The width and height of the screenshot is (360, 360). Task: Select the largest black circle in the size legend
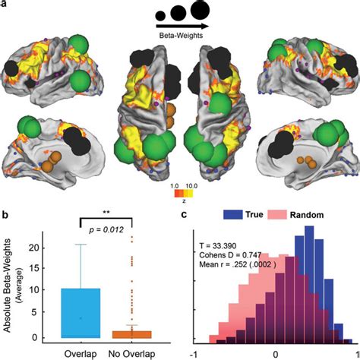(200, 11)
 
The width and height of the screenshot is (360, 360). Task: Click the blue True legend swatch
(232, 216)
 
